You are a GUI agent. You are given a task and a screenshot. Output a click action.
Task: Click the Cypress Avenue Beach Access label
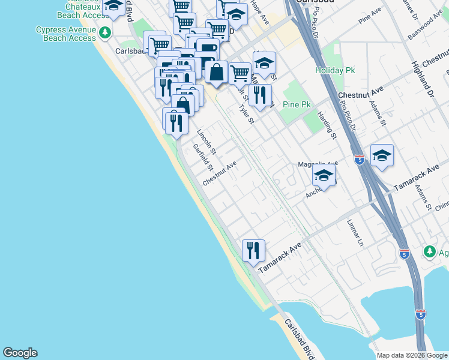pyautogui.click(x=66, y=34)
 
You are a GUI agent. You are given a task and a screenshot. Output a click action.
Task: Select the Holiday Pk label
pyautogui.click(x=336, y=70)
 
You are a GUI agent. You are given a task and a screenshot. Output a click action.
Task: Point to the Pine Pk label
pyautogui.click(x=297, y=104)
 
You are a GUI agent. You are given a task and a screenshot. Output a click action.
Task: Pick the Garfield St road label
pyautogui.click(x=203, y=156)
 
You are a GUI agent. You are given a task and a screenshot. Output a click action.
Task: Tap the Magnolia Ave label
pyautogui.click(x=318, y=163)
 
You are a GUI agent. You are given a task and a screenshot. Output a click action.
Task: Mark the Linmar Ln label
pyautogui.click(x=355, y=233)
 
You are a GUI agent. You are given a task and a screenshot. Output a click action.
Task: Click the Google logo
pyautogui.click(x=20, y=353)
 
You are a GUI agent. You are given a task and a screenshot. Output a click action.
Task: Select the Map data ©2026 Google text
pyautogui.click(x=412, y=355)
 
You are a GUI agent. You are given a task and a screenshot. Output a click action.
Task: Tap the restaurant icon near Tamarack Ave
pyautogui.click(x=253, y=249)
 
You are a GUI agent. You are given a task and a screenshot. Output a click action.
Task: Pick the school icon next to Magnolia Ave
pyautogui.click(x=324, y=176)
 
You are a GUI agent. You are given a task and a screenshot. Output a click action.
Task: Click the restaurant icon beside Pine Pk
pyautogui.click(x=260, y=95)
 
